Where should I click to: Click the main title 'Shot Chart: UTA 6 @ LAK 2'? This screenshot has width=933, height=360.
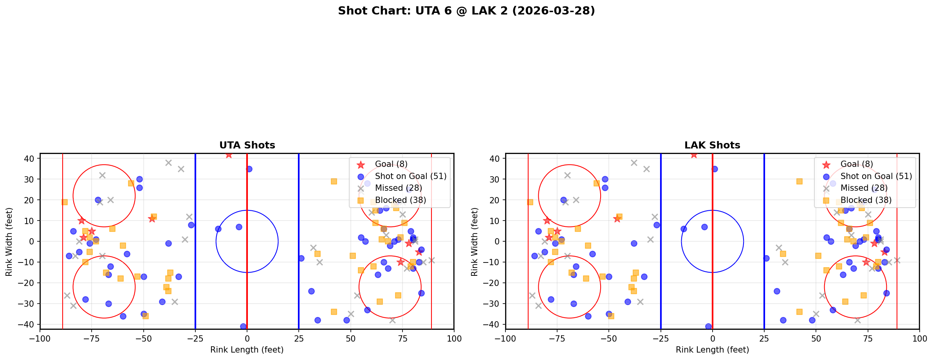(466, 11)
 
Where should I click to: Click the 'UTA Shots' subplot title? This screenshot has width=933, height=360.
(247, 145)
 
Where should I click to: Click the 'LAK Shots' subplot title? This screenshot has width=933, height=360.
(712, 145)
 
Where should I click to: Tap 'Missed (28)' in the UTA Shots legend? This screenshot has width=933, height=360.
(393, 188)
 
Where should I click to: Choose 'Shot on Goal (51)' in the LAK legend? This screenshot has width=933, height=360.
(876, 176)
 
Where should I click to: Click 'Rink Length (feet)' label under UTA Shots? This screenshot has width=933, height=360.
(247, 350)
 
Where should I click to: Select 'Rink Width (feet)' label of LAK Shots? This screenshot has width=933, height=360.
(474, 242)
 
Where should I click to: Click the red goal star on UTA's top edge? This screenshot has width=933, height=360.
(229, 155)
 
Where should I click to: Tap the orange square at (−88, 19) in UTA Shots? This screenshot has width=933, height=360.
(65, 202)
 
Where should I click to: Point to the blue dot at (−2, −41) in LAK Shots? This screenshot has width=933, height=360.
(708, 326)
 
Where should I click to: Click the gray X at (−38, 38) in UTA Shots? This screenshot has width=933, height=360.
(168, 163)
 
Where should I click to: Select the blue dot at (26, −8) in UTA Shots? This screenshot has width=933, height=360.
(301, 258)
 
